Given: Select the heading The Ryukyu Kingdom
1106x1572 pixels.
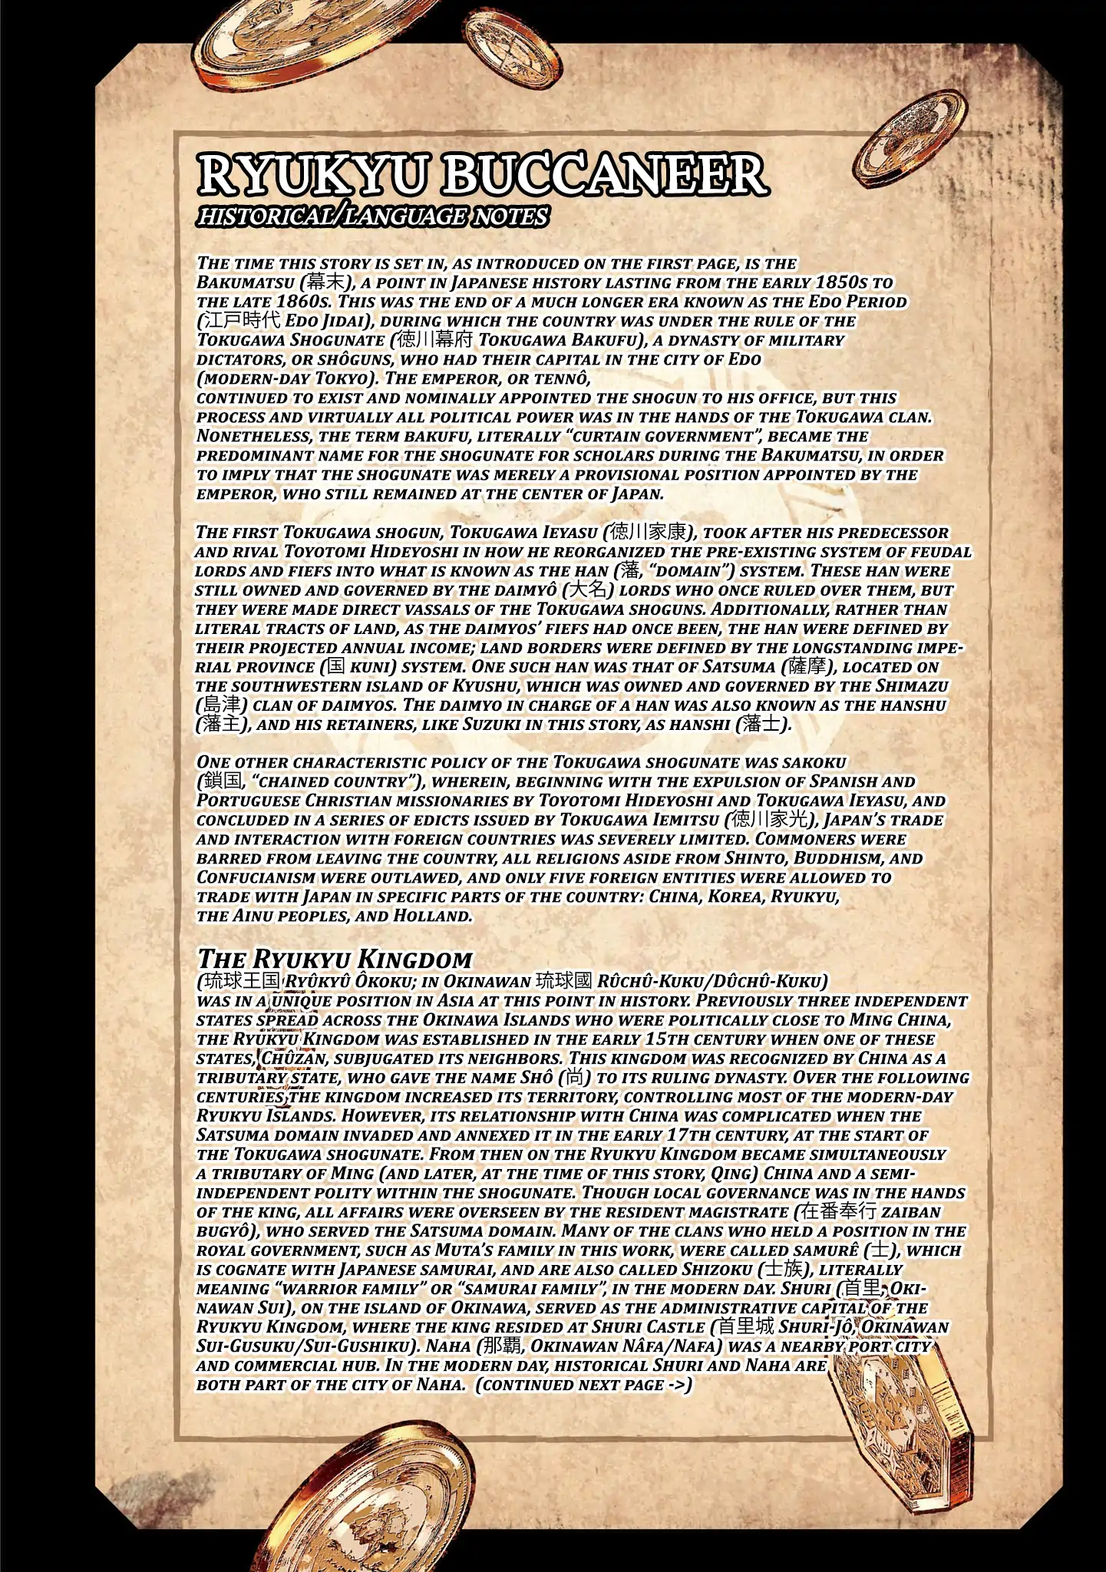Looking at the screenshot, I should pos(335,959).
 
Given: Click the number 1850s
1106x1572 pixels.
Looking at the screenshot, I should pos(850,282).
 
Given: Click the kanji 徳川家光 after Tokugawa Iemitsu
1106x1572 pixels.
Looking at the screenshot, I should pos(765,820).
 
